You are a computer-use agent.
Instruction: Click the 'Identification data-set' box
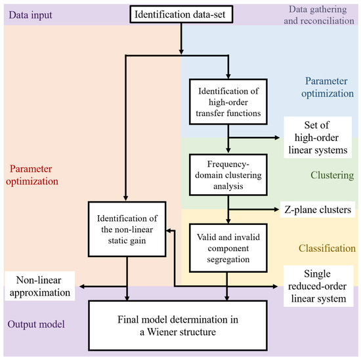(x=180, y=13)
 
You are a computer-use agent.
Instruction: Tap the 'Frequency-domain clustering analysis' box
(x=226, y=174)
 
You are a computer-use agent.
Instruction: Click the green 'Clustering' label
(x=332, y=174)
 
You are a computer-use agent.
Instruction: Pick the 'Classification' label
(x=327, y=249)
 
